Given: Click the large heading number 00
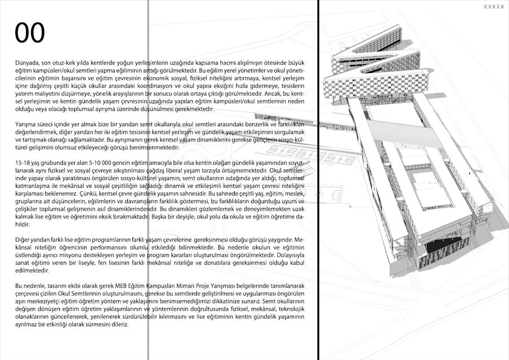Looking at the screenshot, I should point(30,33).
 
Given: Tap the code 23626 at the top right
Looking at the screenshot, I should point(494,6).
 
